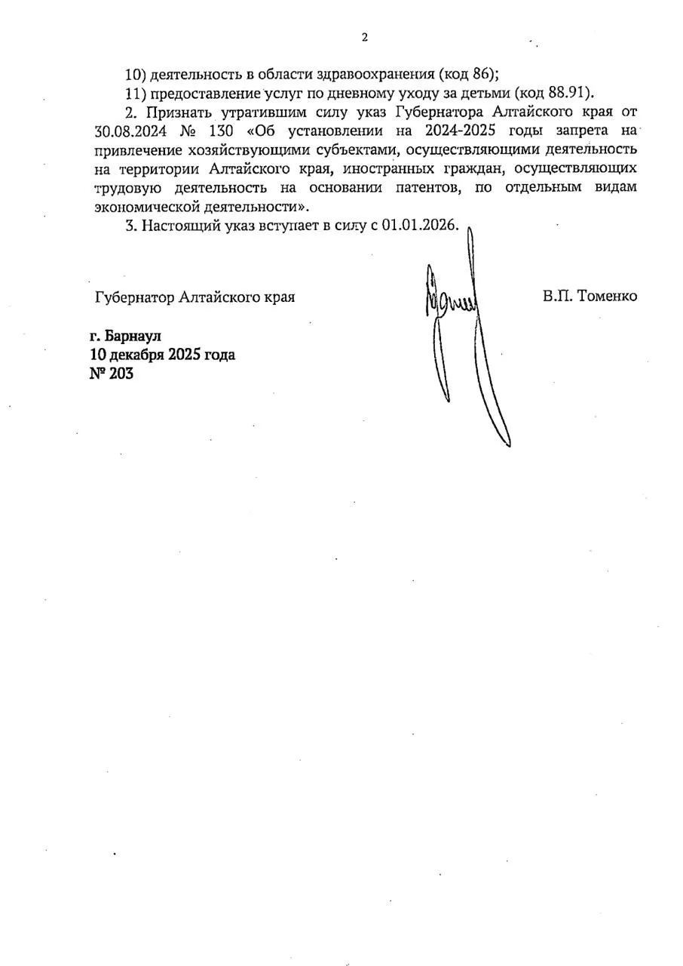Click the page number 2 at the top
365,37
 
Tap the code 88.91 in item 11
571,93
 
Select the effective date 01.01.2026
419,226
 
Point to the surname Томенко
607,296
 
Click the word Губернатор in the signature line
136,297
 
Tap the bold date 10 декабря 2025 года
162,354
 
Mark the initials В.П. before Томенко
556,296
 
